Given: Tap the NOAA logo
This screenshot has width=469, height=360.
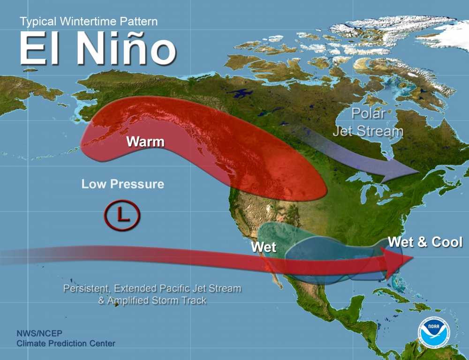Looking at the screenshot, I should (434, 333).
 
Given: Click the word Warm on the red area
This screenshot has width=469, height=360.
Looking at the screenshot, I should (145, 141).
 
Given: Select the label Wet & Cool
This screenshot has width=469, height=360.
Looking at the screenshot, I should (425, 242).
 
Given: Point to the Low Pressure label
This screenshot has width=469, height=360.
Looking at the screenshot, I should (123, 184).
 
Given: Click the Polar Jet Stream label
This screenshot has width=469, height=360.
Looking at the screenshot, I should (368, 122).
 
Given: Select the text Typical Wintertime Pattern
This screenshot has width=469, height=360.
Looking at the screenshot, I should (89, 21).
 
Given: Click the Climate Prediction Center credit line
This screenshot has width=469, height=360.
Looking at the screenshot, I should (66, 344).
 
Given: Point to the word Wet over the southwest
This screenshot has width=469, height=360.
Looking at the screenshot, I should (264, 247).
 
